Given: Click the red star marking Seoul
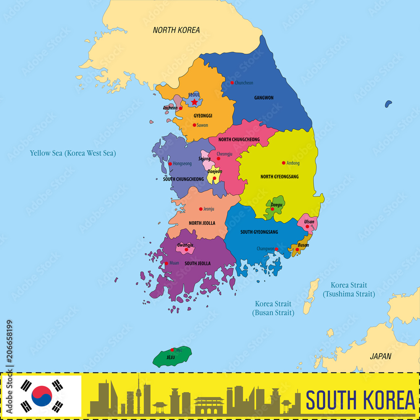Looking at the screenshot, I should [194, 102].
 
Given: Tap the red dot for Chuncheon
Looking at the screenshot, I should [232, 83].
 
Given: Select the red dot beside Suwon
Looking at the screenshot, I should [194, 125].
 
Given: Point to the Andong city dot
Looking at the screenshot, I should [283, 163].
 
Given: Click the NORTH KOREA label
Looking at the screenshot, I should [176, 30].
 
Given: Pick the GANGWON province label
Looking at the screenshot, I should [264, 98].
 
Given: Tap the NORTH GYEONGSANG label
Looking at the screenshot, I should [279, 177].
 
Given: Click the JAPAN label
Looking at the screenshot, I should [381, 356].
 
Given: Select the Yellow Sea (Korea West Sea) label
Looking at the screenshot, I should [73, 153].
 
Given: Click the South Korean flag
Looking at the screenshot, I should [42, 395].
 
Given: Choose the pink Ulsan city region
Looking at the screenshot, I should [307, 223].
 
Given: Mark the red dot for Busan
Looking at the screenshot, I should [297, 249].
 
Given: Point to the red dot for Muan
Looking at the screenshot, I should [166, 263].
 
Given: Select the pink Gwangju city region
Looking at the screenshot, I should [185, 248].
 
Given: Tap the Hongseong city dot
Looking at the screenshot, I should [170, 164].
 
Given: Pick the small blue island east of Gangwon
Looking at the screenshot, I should [388, 103].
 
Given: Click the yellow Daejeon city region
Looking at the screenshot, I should [213, 176].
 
